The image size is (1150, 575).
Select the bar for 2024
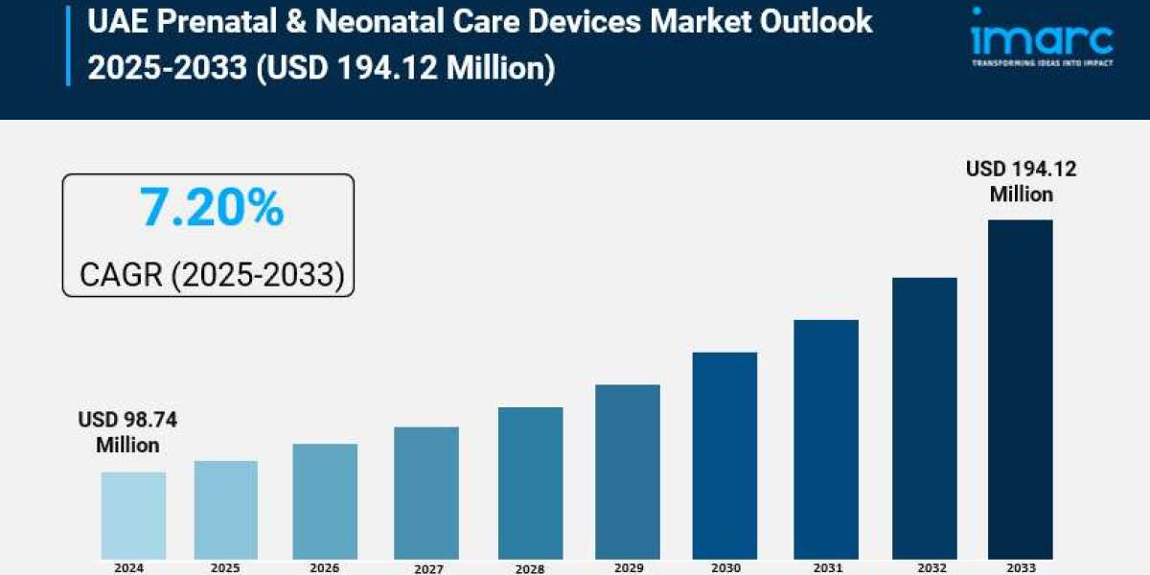coord(133,515)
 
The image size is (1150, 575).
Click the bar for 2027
coord(426,493)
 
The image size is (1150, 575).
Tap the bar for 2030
coord(724,455)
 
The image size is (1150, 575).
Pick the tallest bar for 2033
coord(1020,388)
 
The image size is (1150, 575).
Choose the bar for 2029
coord(627,471)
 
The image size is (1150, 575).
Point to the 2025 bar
coord(226,509)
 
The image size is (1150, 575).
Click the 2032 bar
coord(924,418)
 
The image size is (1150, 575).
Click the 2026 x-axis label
coord(325,567)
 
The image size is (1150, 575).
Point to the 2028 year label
coord(529,568)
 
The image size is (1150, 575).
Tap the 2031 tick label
coord(825,567)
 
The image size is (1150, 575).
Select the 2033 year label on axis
coord(1020,567)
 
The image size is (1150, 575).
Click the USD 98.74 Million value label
coord(127,432)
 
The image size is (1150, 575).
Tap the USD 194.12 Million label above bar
coord(1021,181)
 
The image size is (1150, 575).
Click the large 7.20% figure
coord(211,208)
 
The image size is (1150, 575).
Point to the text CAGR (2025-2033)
coord(211,275)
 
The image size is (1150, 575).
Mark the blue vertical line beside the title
coord(68,45)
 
